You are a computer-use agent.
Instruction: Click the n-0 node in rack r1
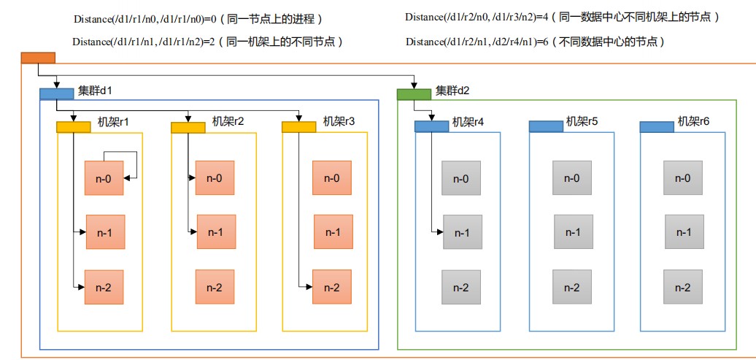click(104, 178)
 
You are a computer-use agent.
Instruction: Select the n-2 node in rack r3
click(332, 287)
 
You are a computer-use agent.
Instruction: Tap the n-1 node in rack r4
click(463, 232)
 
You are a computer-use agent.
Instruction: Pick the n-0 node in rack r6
click(683, 178)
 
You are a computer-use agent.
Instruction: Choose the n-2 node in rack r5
click(572, 287)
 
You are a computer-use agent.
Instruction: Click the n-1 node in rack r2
click(216, 232)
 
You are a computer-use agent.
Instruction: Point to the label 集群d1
click(95, 91)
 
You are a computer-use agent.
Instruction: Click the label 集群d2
click(453, 91)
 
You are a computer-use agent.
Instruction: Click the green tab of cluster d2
click(414, 94)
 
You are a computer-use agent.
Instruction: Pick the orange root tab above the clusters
click(38, 58)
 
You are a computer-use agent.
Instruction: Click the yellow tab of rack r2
click(188, 127)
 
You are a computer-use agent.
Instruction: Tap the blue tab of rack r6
click(657, 127)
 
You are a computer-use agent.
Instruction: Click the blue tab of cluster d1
click(56, 94)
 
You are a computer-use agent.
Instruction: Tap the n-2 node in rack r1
click(104, 287)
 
